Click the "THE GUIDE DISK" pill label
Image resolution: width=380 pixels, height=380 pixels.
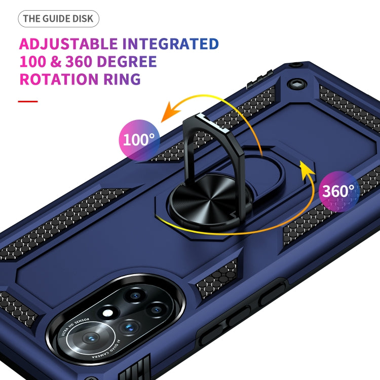[x=59, y=19]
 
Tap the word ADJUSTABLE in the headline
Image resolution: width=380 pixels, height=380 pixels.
[x=68, y=44]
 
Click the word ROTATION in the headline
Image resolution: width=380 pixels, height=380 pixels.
[x=58, y=80]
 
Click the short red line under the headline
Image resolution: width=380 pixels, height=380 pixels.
[x=28, y=101]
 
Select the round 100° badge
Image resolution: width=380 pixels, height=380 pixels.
[x=139, y=140]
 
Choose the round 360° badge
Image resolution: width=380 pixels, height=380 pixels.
[x=338, y=191]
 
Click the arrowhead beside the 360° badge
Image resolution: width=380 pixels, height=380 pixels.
[x=305, y=167]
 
